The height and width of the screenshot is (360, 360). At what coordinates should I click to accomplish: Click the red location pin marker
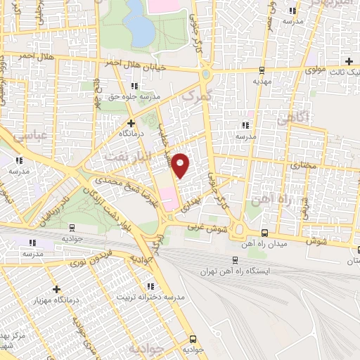[x=181, y=165]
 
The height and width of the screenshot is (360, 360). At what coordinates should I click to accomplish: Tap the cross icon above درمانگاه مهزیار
[x=56, y=289]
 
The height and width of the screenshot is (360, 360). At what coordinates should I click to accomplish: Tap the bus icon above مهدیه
[x=262, y=70]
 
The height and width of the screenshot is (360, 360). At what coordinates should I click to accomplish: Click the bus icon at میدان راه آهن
[x=264, y=233]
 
